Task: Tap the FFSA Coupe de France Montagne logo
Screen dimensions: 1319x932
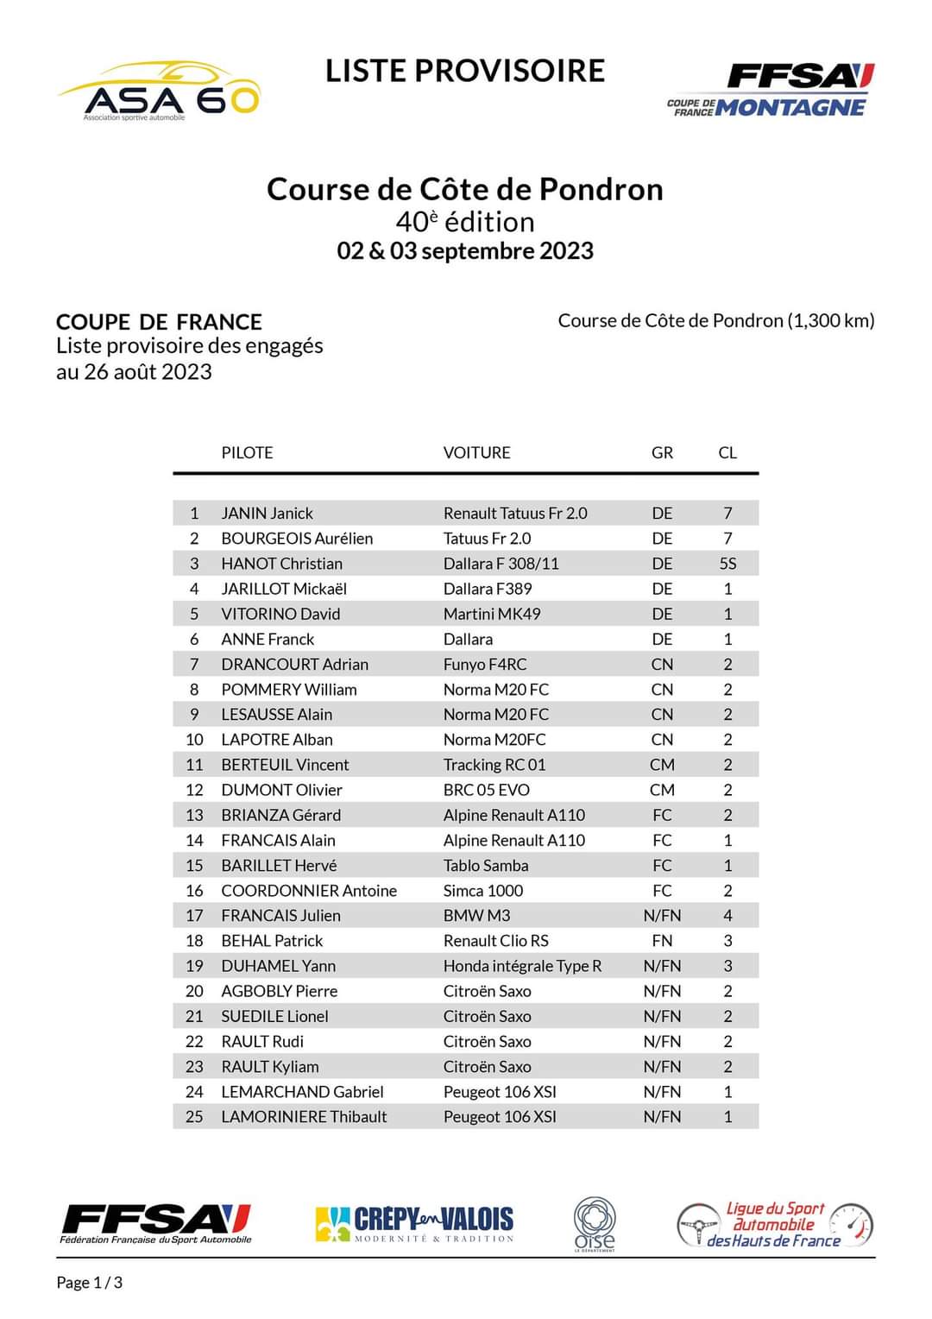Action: click(771, 90)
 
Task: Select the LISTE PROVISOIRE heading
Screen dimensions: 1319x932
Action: click(465, 71)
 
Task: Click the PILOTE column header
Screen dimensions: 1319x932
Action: click(247, 452)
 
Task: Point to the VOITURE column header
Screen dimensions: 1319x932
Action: click(476, 452)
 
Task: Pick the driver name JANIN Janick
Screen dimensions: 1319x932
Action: click(267, 513)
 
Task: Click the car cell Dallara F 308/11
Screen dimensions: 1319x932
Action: click(501, 564)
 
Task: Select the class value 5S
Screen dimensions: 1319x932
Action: click(727, 564)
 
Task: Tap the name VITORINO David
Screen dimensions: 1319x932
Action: click(280, 614)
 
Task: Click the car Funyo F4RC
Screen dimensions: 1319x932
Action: click(484, 664)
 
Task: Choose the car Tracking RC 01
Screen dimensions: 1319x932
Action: click(494, 765)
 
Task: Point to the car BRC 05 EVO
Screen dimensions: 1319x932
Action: click(486, 790)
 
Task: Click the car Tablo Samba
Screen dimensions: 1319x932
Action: click(486, 865)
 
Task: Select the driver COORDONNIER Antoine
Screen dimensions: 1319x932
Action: click(309, 890)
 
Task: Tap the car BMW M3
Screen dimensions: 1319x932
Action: click(476, 915)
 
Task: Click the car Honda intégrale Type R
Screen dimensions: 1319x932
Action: click(522, 966)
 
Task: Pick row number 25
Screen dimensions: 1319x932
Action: click(194, 1116)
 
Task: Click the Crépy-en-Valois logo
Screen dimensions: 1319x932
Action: click(414, 1222)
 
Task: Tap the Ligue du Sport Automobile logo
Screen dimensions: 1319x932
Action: click(774, 1224)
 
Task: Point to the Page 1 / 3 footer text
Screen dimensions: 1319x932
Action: click(90, 1283)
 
